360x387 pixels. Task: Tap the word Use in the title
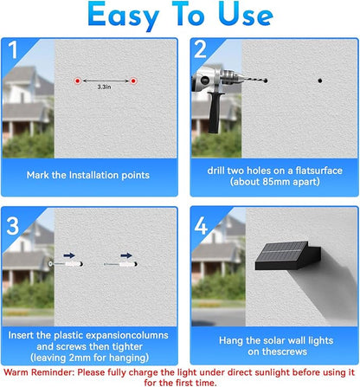(246, 14)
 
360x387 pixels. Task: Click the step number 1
(13, 49)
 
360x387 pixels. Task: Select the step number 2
(201, 49)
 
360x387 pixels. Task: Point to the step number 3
(13, 226)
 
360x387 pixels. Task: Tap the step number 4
(201, 226)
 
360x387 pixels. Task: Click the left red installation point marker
(77, 81)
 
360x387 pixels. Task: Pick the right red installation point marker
(133, 81)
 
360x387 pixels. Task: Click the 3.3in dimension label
(104, 87)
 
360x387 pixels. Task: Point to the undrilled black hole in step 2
(320, 81)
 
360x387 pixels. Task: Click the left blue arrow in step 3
(69, 255)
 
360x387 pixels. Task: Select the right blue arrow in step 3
(126, 255)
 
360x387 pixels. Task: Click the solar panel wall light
(288, 255)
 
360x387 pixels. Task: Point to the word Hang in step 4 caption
(231, 341)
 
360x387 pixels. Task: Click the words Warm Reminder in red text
(39, 372)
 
